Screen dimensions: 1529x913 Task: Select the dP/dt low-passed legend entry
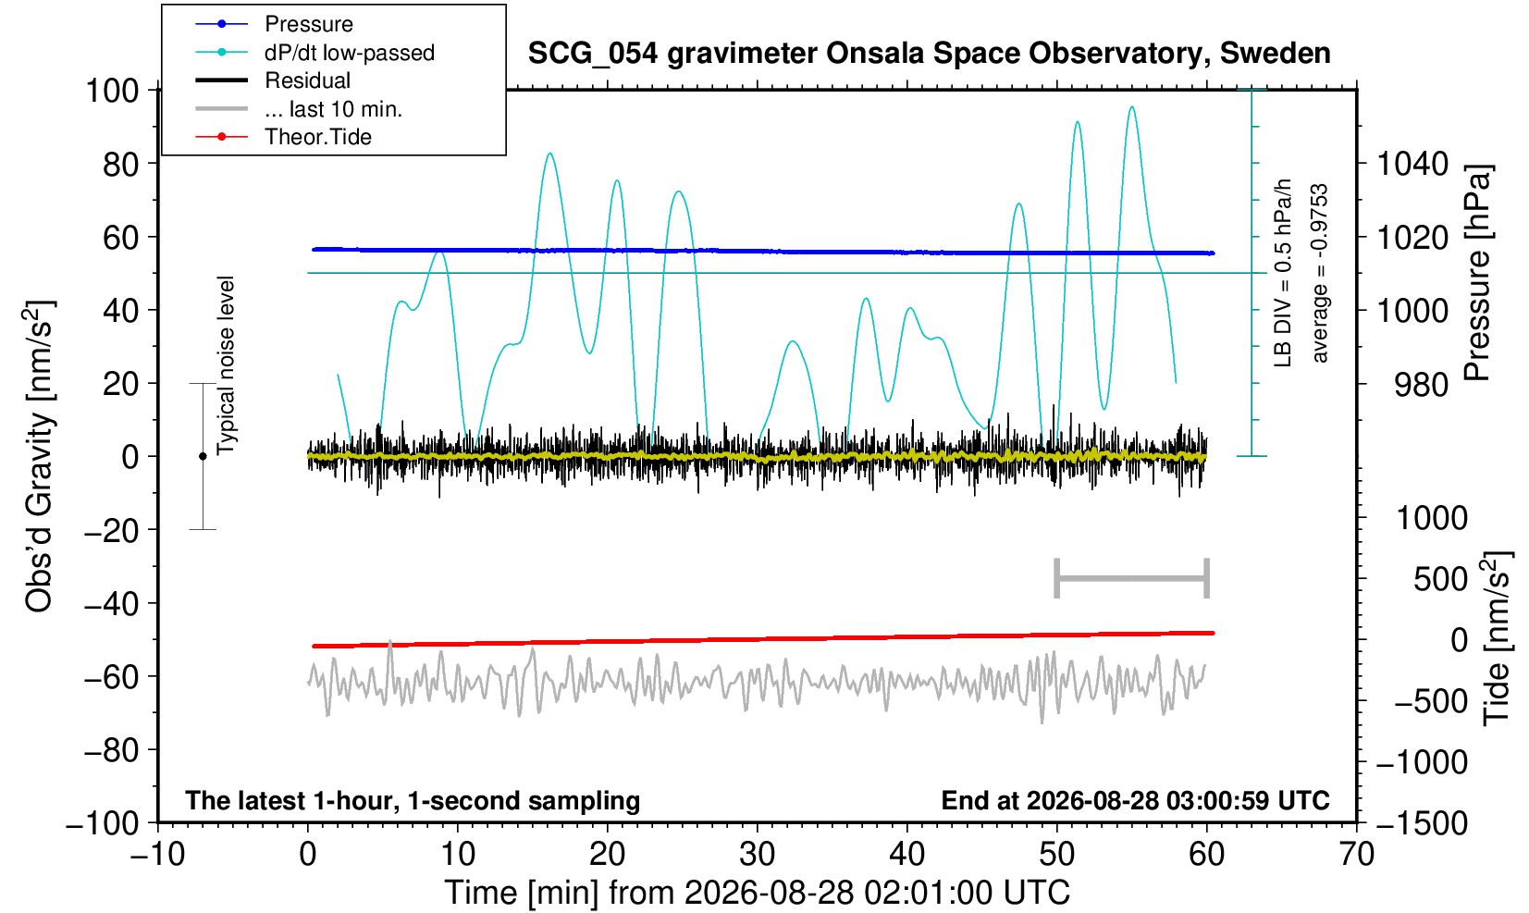click(x=314, y=53)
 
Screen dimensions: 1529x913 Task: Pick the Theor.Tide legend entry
click(x=283, y=137)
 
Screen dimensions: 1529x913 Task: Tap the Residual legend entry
click(x=273, y=80)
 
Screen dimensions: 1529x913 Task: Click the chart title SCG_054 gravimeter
click(x=929, y=54)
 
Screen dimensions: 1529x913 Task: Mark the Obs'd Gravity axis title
click(x=39, y=457)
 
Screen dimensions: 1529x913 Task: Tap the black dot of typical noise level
click(x=203, y=456)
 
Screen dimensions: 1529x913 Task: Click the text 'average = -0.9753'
click(x=1319, y=273)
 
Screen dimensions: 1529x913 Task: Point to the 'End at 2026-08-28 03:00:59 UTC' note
click(x=1135, y=800)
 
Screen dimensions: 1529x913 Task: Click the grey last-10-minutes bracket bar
click(x=1132, y=578)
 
